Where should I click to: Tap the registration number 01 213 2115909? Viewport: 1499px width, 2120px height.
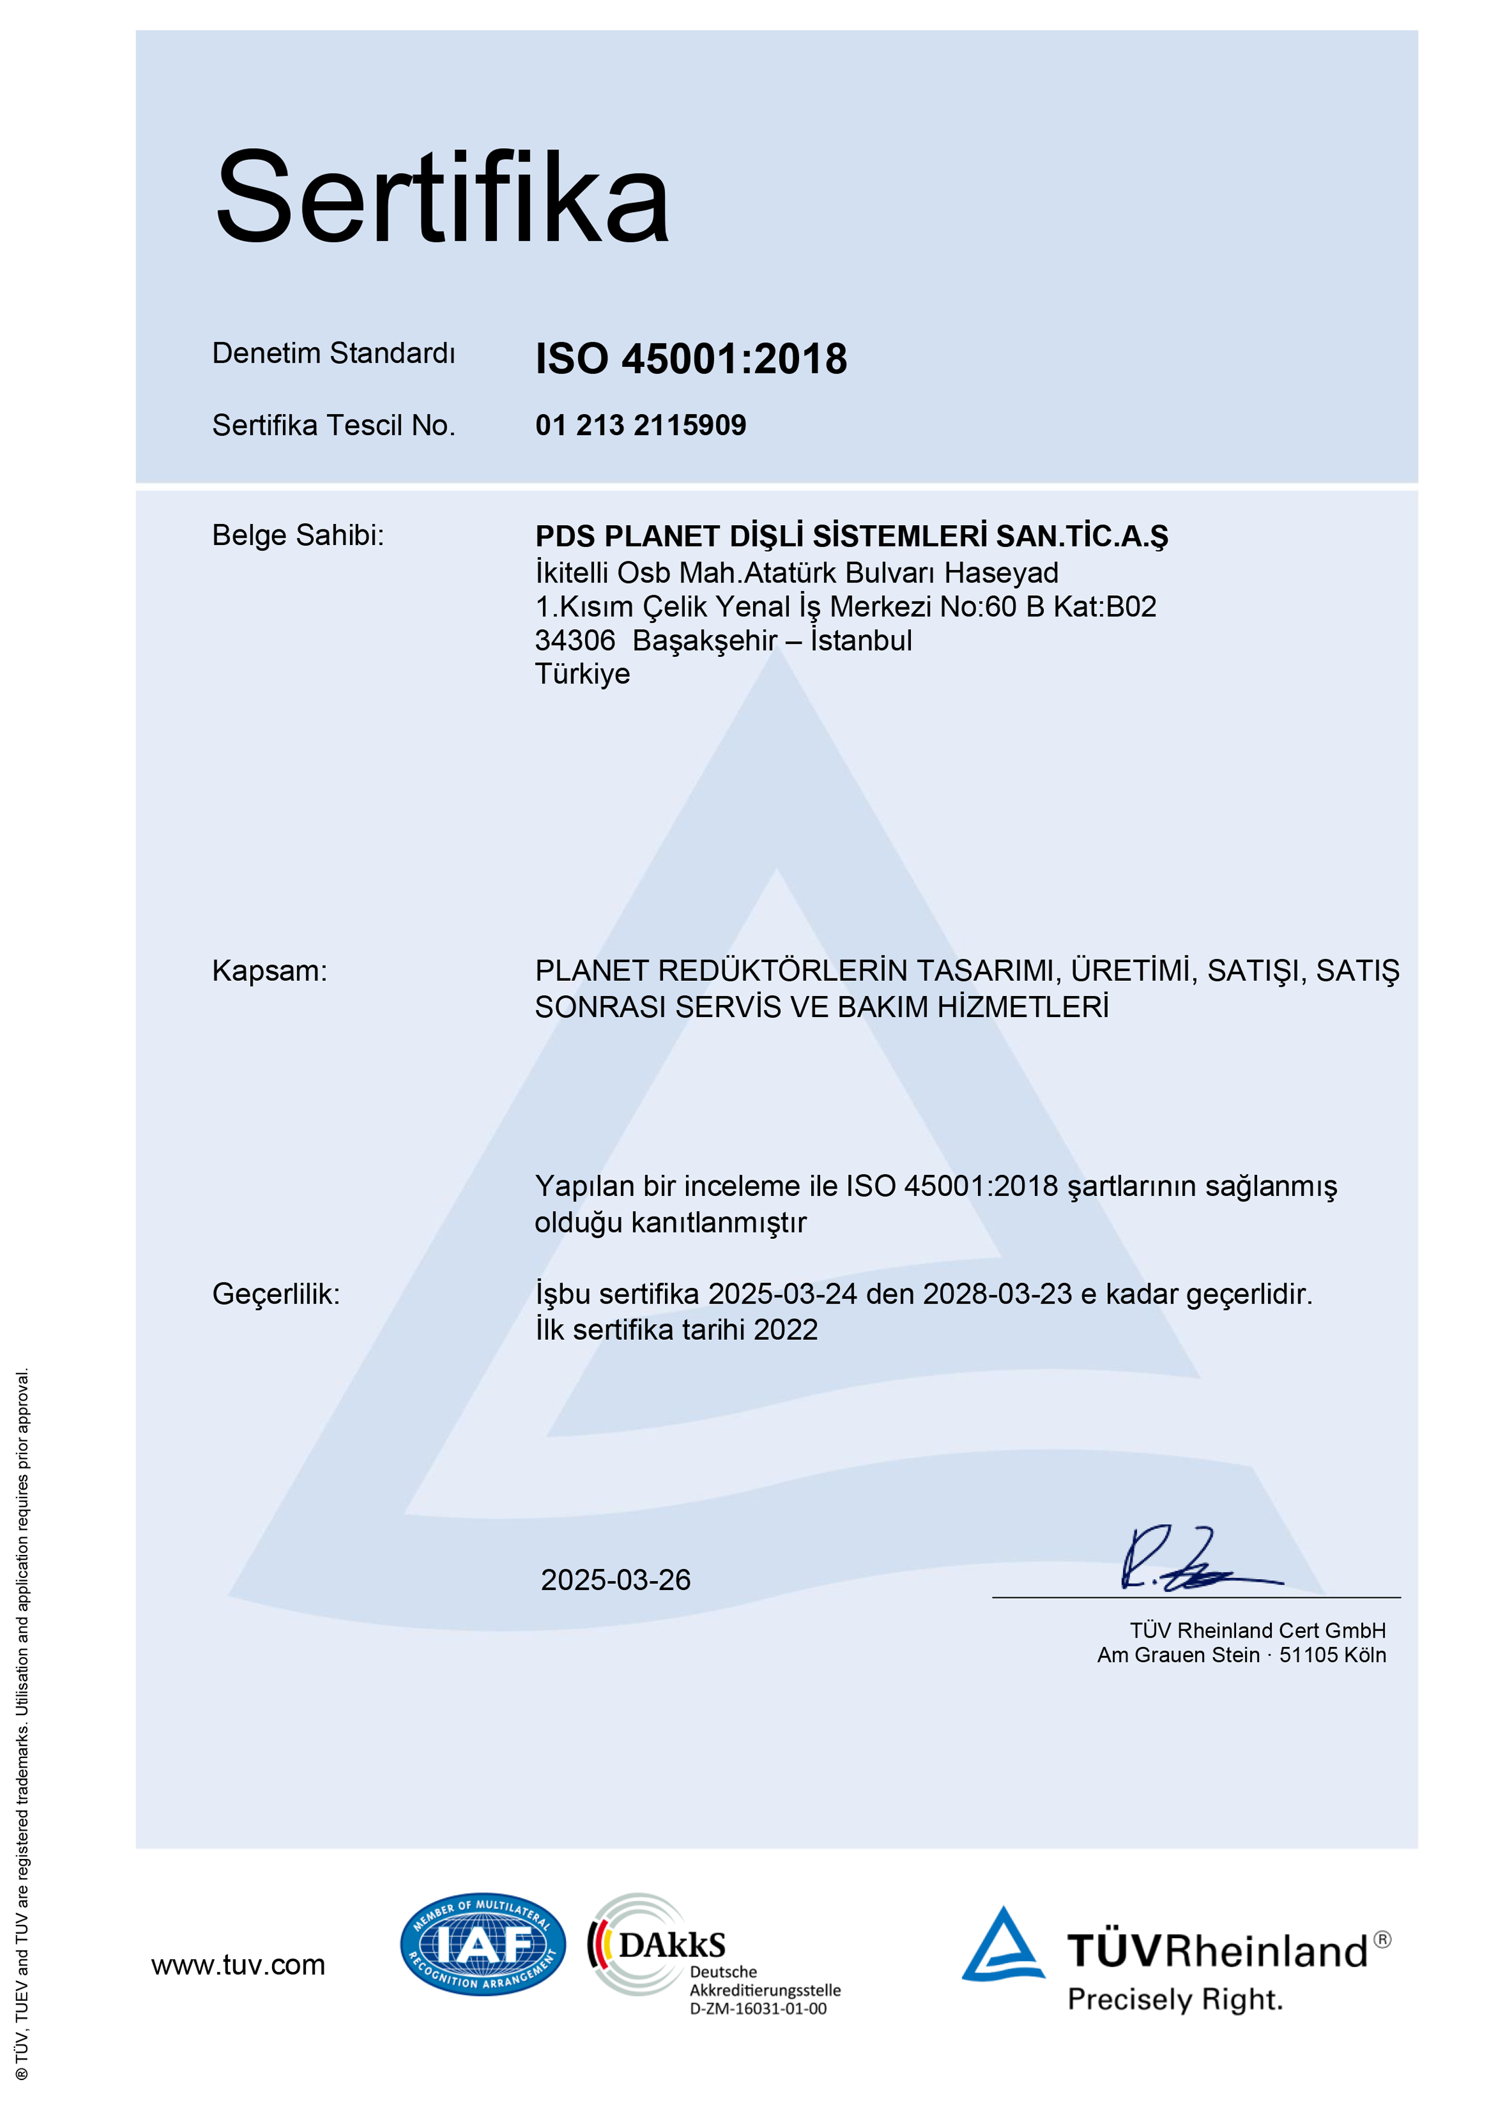[x=640, y=425]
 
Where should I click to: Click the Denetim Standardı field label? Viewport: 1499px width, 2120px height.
[x=334, y=353]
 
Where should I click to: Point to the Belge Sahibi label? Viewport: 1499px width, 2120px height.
[x=297, y=535]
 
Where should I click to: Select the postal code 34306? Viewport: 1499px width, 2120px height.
[x=574, y=640]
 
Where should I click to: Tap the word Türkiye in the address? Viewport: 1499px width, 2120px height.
[x=582, y=674]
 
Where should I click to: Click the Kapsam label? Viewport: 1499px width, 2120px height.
[x=270, y=971]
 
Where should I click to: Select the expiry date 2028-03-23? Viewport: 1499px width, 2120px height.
[x=997, y=1294]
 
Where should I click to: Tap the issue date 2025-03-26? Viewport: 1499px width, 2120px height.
[x=615, y=1580]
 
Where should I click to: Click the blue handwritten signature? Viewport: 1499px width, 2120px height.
[x=1191, y=1560]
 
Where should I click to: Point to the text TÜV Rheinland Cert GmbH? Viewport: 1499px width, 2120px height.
[x=1257, y=1630]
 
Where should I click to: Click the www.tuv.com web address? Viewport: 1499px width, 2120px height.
[x=238, y=1965]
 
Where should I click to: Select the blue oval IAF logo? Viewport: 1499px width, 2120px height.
[x=482, y=1944]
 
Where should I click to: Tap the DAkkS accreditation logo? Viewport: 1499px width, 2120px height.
[x=656, y=1944]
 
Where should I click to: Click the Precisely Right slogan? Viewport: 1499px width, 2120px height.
[x=1175, y=2000]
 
